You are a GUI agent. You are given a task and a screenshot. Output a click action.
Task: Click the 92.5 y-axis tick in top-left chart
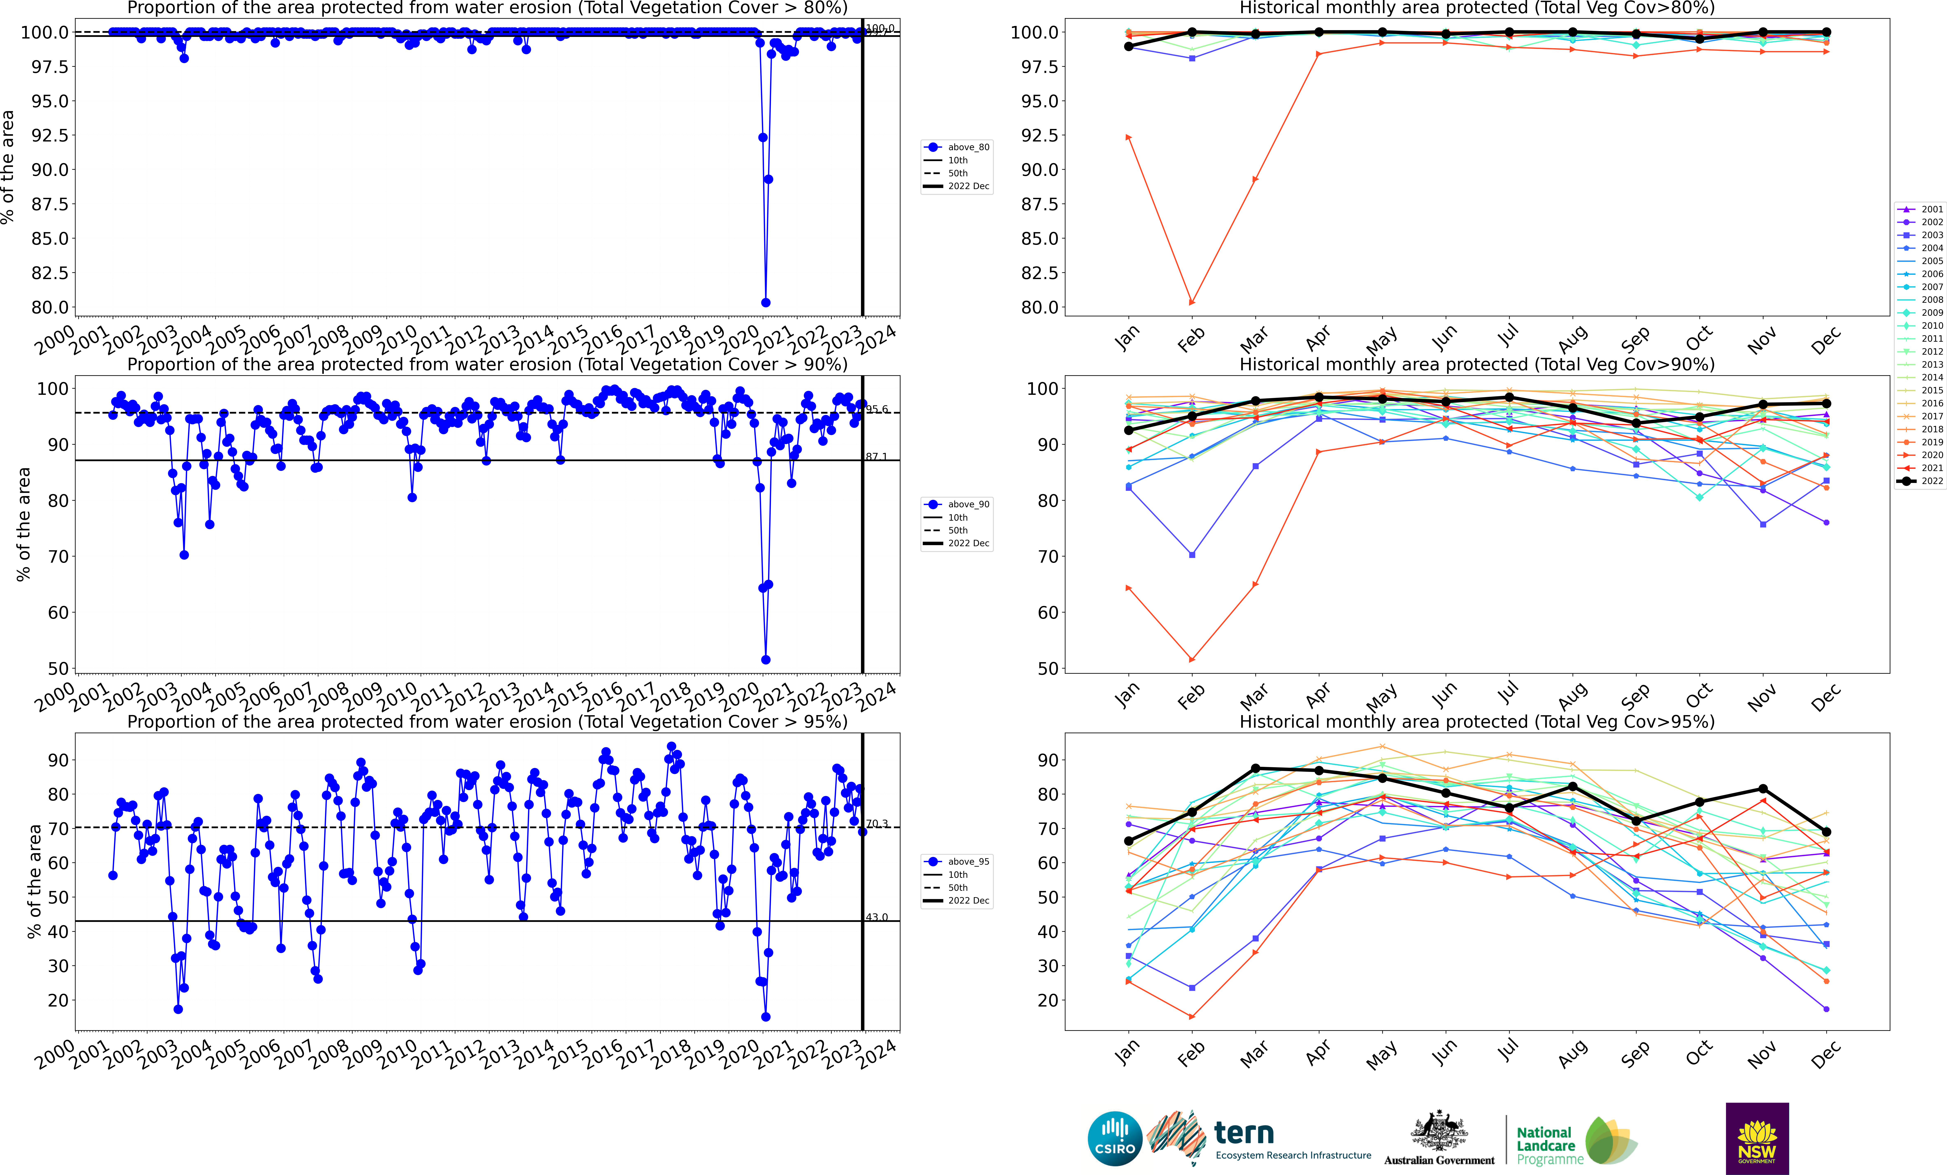pyautogui.click(x=49, y=135)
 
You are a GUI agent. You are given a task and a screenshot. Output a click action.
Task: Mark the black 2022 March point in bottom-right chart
pyautogui.click(x=1256, y=768)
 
